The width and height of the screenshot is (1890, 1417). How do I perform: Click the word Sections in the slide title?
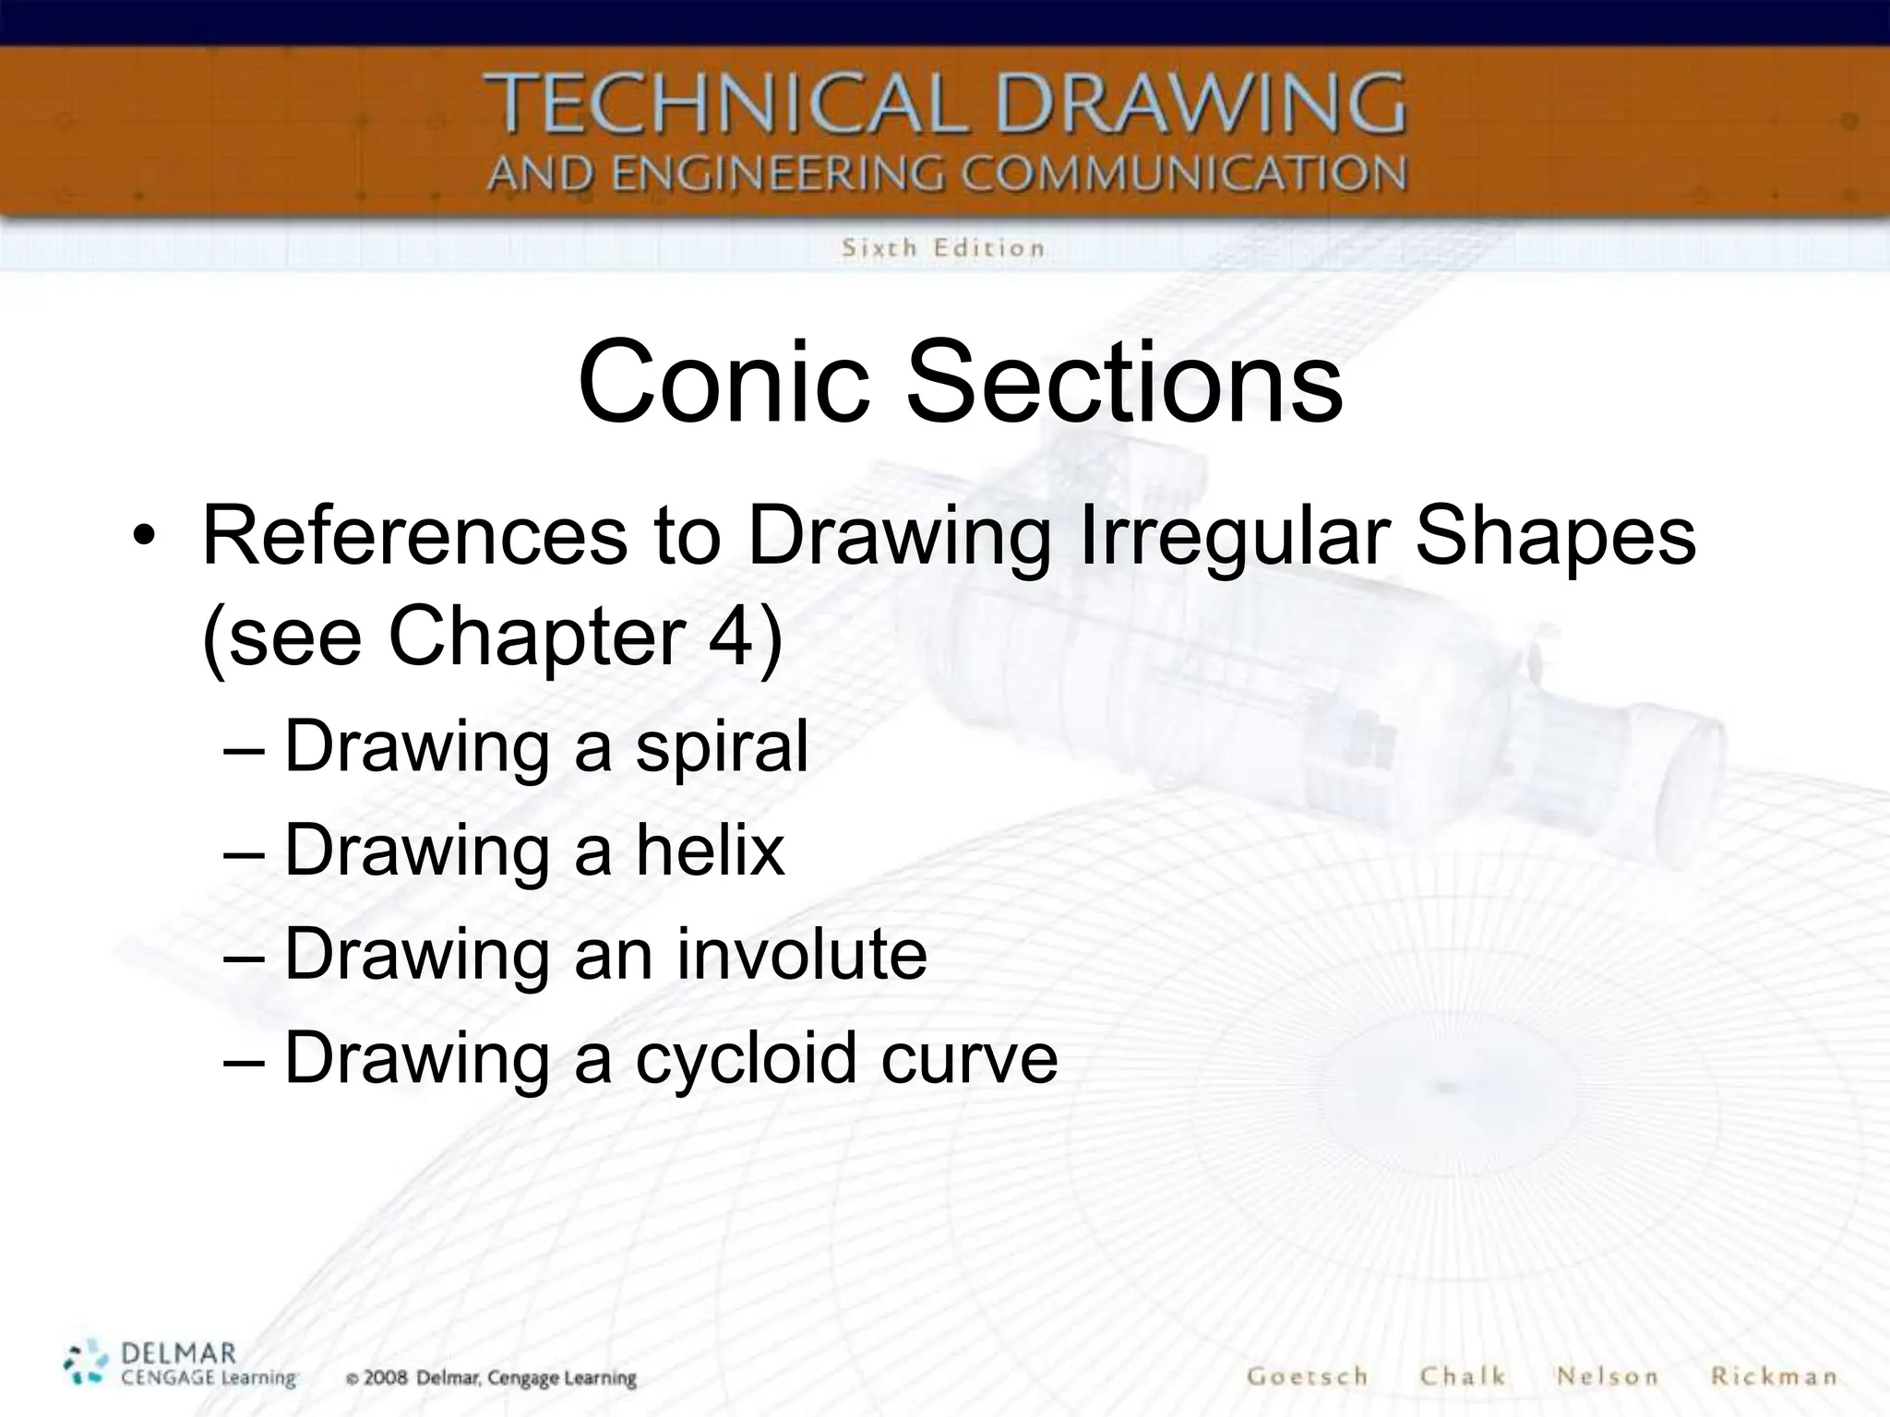pos(1123,382)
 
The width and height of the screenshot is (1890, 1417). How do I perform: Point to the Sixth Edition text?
pos(942,248)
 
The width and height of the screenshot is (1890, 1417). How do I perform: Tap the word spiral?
pos(721,747)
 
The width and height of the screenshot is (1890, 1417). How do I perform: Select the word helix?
pos(709,850)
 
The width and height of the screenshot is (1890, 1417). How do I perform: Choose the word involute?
pos(801,954)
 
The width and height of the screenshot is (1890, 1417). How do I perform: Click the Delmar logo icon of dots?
pos(88,1363)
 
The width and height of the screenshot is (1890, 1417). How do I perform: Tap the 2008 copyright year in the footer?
pos(386,1378)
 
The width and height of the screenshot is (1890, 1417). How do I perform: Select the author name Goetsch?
pos(1307,1376)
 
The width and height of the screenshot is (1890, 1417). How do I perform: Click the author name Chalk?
pos(1463,1376)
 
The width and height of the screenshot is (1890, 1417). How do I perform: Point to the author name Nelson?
pos(1607,1376)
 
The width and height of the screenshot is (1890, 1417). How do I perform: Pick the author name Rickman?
pos(1773,1376)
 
